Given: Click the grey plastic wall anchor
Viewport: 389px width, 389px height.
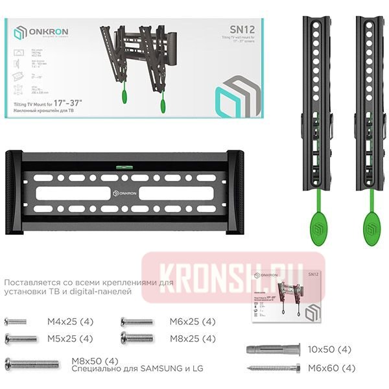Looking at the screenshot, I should pyautogui.click(x=271, y=350).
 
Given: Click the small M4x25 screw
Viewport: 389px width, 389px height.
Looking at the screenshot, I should pyautogui.click(x=16, y=322).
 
